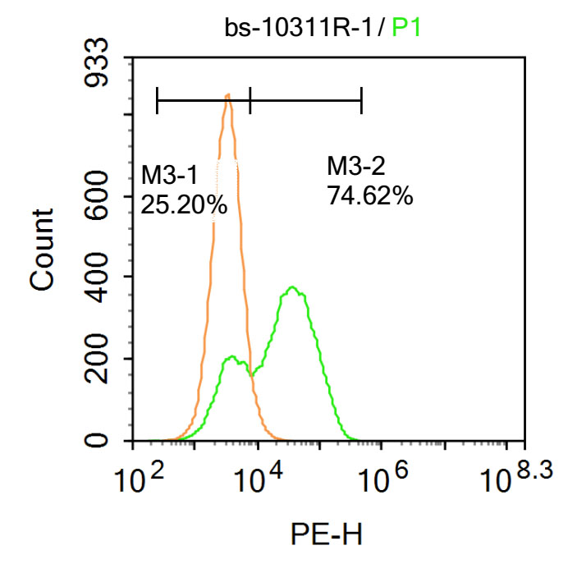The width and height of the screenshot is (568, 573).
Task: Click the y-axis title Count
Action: click(42, 249)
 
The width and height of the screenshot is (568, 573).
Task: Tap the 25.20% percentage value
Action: click(184, 204)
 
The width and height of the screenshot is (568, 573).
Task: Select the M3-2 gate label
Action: click(355, 167)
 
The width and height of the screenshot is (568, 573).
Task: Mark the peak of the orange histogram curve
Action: click(227, 96)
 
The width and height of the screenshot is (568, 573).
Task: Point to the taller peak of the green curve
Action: click(292, 288)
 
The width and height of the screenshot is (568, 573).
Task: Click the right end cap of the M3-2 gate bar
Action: click(361, 102)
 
